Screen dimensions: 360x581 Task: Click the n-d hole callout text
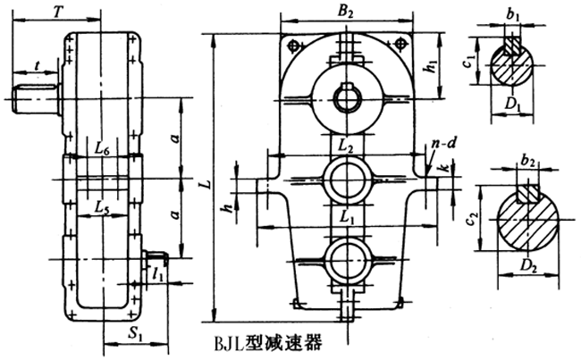(439, 141)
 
